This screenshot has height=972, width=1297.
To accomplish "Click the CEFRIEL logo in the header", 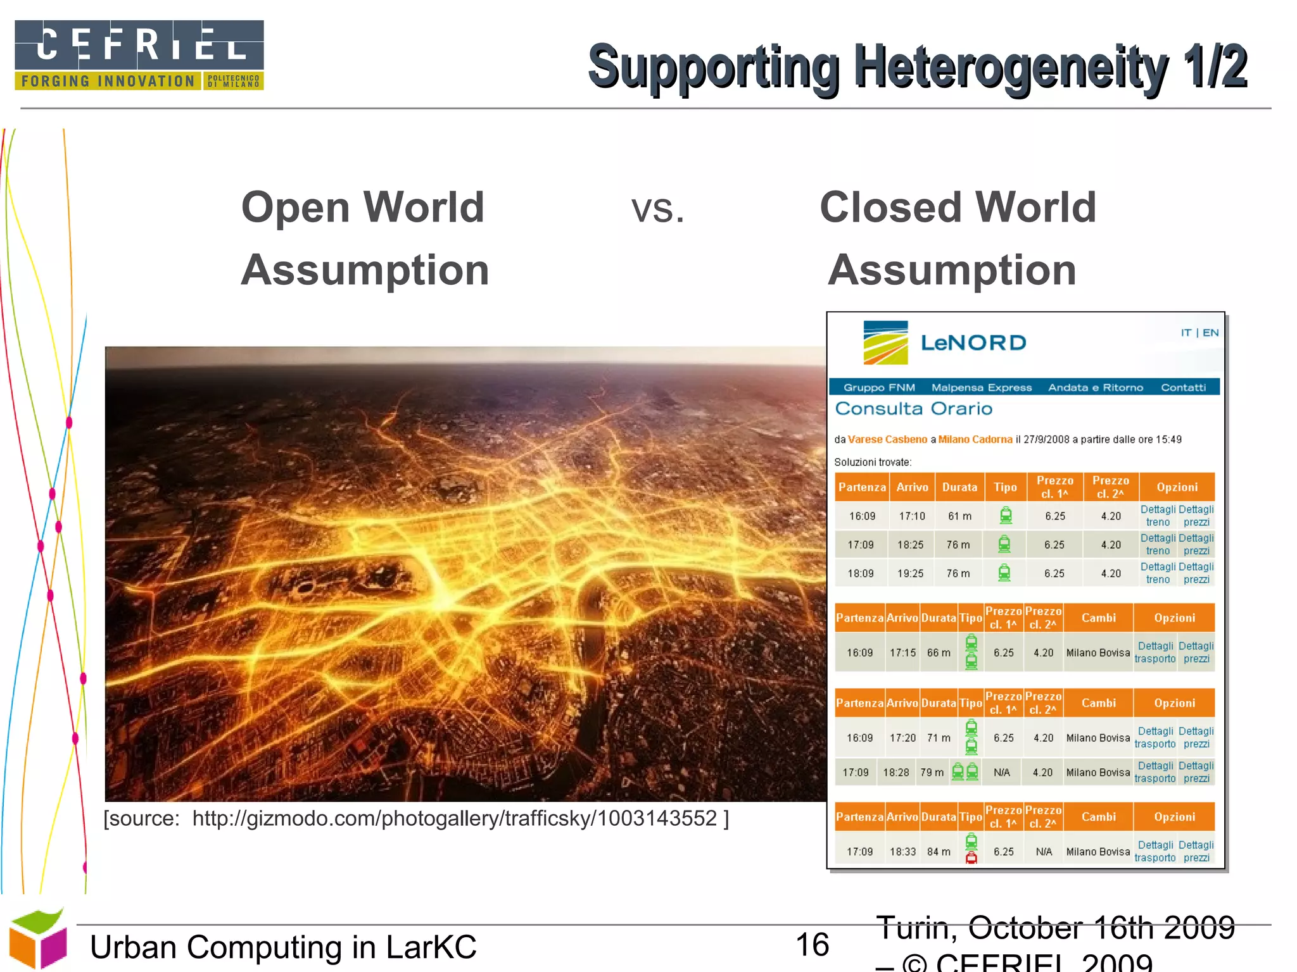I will pyautogui.click(x=139, y=55).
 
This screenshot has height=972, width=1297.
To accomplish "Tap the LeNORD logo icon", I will pyautogui.click(x=885, y=342).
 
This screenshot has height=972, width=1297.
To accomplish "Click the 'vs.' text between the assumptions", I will pyautogui.click(x=658, y=208).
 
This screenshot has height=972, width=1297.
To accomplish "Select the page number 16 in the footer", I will pyautogui.click(x=812, y=945).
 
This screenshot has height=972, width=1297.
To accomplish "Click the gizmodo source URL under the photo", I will pyautogui.click(x=455, y=818).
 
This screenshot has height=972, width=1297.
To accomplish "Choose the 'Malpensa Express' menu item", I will pyautogui.click(x=981, y=387).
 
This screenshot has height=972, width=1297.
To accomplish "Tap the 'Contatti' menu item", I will pyautogui.click(x=1183, y=387).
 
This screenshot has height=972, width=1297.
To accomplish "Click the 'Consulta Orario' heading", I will pyautogui.click(x=914, y=409).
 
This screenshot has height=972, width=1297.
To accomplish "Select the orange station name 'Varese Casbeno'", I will pyautogui.click(x=887, y=439).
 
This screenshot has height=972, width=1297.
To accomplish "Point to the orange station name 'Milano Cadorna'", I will pyautogui.click(x=975, y=439).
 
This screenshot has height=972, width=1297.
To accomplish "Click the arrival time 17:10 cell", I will pyautogui.click(x=912, y=516).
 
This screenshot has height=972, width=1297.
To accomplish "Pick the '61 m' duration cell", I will pyautogui.click(x=959, y=516).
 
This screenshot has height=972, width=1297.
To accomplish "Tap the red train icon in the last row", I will pyautogui.click(x=971, y=858).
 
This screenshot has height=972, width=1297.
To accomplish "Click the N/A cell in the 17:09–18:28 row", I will pyautogui.click(x=1002, y=772).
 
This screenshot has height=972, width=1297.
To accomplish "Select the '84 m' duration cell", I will pyautogui.click(x=939, y=852).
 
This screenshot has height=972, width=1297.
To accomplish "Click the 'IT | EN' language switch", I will pyautogui.click(x=1199, y=332).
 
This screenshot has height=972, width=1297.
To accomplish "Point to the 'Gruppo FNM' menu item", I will pyautogui.click(x=879, y=387).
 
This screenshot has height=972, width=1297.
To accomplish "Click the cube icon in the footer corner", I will pyautogui.click(x=38, y=938).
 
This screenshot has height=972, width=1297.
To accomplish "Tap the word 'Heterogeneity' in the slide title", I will pyautogui.click(x=1011, y=66).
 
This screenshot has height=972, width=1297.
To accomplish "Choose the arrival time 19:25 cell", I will pyautogui.click(x=910, y=573).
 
